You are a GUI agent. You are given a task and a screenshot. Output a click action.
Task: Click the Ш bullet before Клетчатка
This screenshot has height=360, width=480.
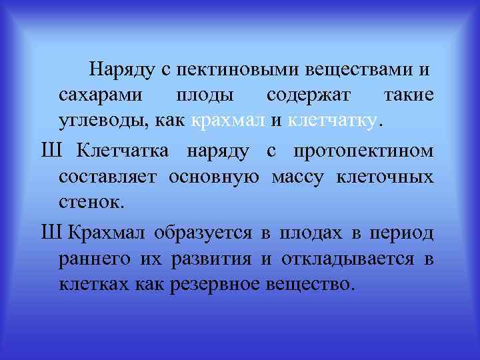tap(51, 151)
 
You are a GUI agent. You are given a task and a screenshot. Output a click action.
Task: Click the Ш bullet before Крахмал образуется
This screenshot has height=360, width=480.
tap(51, 233)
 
